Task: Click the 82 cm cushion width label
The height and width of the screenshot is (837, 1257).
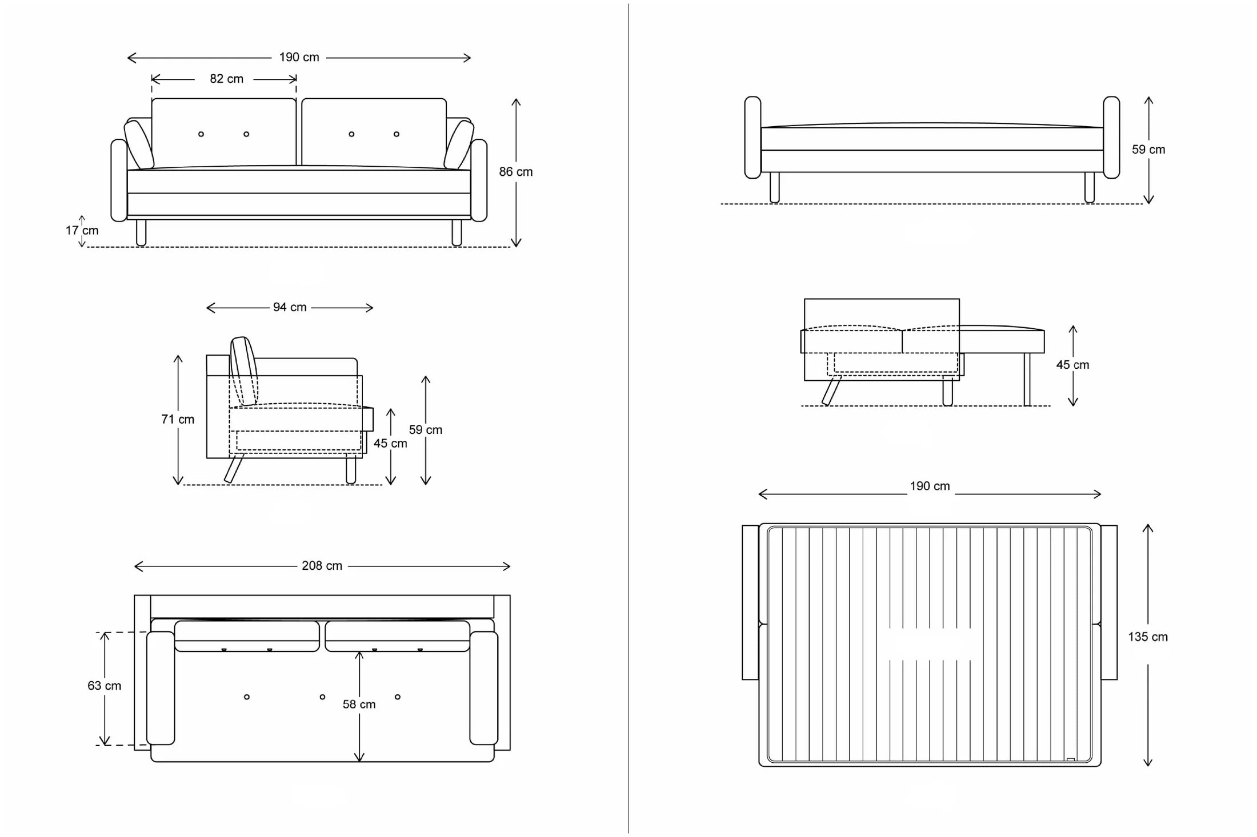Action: tap(226, 79)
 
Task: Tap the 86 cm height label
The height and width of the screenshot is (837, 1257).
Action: tap(515, 172)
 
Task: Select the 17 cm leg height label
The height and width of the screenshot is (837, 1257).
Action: tap(82, 231)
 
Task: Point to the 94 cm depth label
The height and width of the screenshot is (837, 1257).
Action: tap(290, 307)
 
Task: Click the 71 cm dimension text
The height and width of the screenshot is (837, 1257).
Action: tap(178, 419)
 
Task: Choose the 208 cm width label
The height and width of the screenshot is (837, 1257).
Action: tap(322, 566)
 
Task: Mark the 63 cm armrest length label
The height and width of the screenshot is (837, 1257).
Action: tap(104, 686)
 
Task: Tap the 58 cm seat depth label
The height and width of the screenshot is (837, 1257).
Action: tap(359, 705)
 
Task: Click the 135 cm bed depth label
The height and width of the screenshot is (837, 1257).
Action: tap(1147, 637)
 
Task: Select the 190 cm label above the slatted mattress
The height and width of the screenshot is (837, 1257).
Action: tap(930, 486)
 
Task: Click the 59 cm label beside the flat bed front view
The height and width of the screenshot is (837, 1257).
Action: tap(1148, 150)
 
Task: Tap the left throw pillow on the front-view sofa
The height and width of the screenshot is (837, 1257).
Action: tap(138, 145)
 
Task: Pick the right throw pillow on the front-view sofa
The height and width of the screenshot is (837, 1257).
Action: tap(459, 145)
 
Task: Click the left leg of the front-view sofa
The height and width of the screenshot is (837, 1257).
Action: tap(141, 232)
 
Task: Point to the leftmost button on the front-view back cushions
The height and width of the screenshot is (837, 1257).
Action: tap(201, 134)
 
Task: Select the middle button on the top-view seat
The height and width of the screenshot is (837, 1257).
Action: tap(322, 697)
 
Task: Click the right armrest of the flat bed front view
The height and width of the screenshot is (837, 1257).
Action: tap(1111, 137)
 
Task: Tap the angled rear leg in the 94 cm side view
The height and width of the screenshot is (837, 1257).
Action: tap(234, 468)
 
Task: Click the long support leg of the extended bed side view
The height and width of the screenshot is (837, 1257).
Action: tap(1027, 379)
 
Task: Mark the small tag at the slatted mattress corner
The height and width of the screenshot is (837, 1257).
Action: tap(1070, 759)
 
